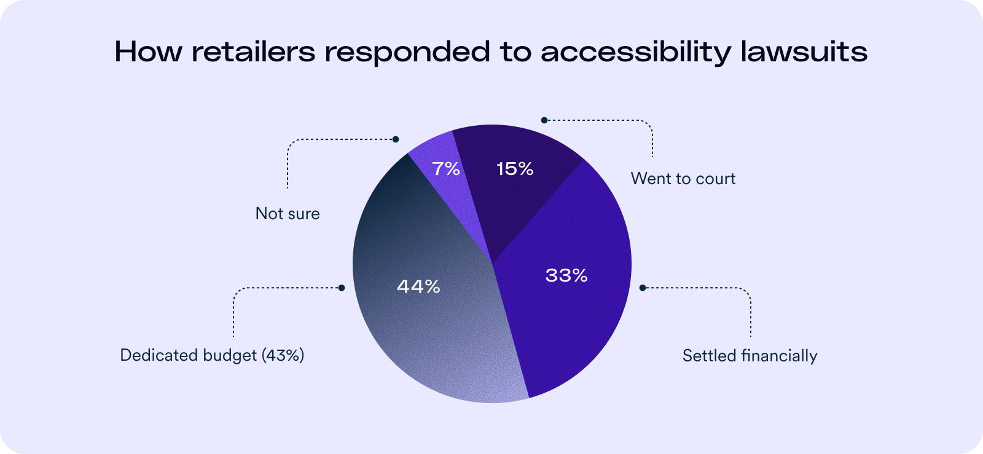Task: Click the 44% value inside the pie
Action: (x=418, y=287)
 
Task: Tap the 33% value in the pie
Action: (x=566, y=275)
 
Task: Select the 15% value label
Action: (x=515, y=169)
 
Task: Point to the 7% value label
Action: (x=446, y=169)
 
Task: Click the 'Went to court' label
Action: (x=683, y=179)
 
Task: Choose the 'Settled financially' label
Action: (x=750, y=356)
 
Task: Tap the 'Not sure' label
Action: (x=288, y=214)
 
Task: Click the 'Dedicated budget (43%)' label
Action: (x=212, y=355)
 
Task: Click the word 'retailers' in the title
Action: (x=254, y=52)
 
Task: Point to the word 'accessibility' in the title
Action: (x=636, y=53)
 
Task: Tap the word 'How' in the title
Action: (x=148, y=52)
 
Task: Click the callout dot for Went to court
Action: (x=544, y=120)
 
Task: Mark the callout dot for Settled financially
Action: (x=643, y=288)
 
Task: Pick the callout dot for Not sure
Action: (x=396, y=139)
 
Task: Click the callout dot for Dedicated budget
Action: (x=342, y=288)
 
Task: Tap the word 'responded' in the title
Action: (x=407, y=53)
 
